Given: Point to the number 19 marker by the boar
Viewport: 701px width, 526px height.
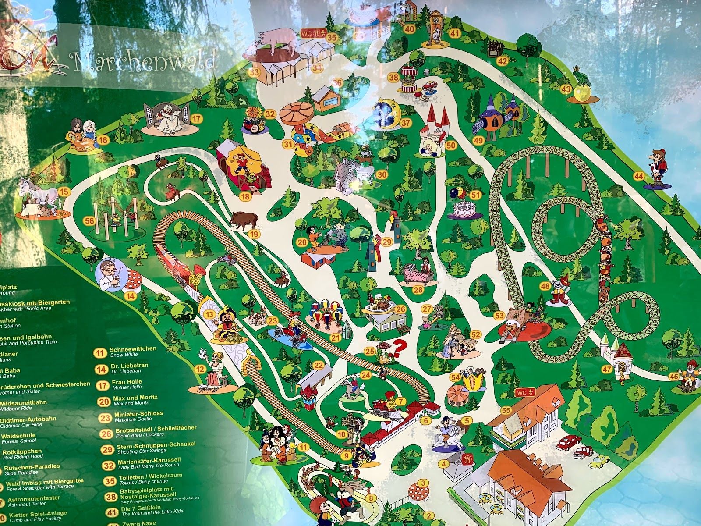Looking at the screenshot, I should pyautogui.click(x=254, y=234).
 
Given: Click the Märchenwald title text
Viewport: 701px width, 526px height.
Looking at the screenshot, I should pyautogui.click(x=145, y=61).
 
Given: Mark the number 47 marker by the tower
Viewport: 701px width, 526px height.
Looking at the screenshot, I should pyautogui.click(x=606, y=369).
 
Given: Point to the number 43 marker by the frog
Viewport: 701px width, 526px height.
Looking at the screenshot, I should pyautogui.click(x=566, y=89).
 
